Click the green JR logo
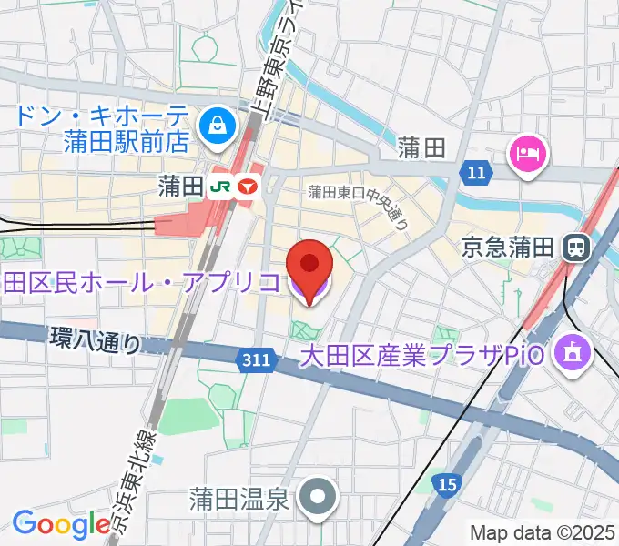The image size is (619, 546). (x=220, y=187)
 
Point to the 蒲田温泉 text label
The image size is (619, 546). (x=239, y=498)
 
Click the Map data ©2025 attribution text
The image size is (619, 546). (x=542, y=531)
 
